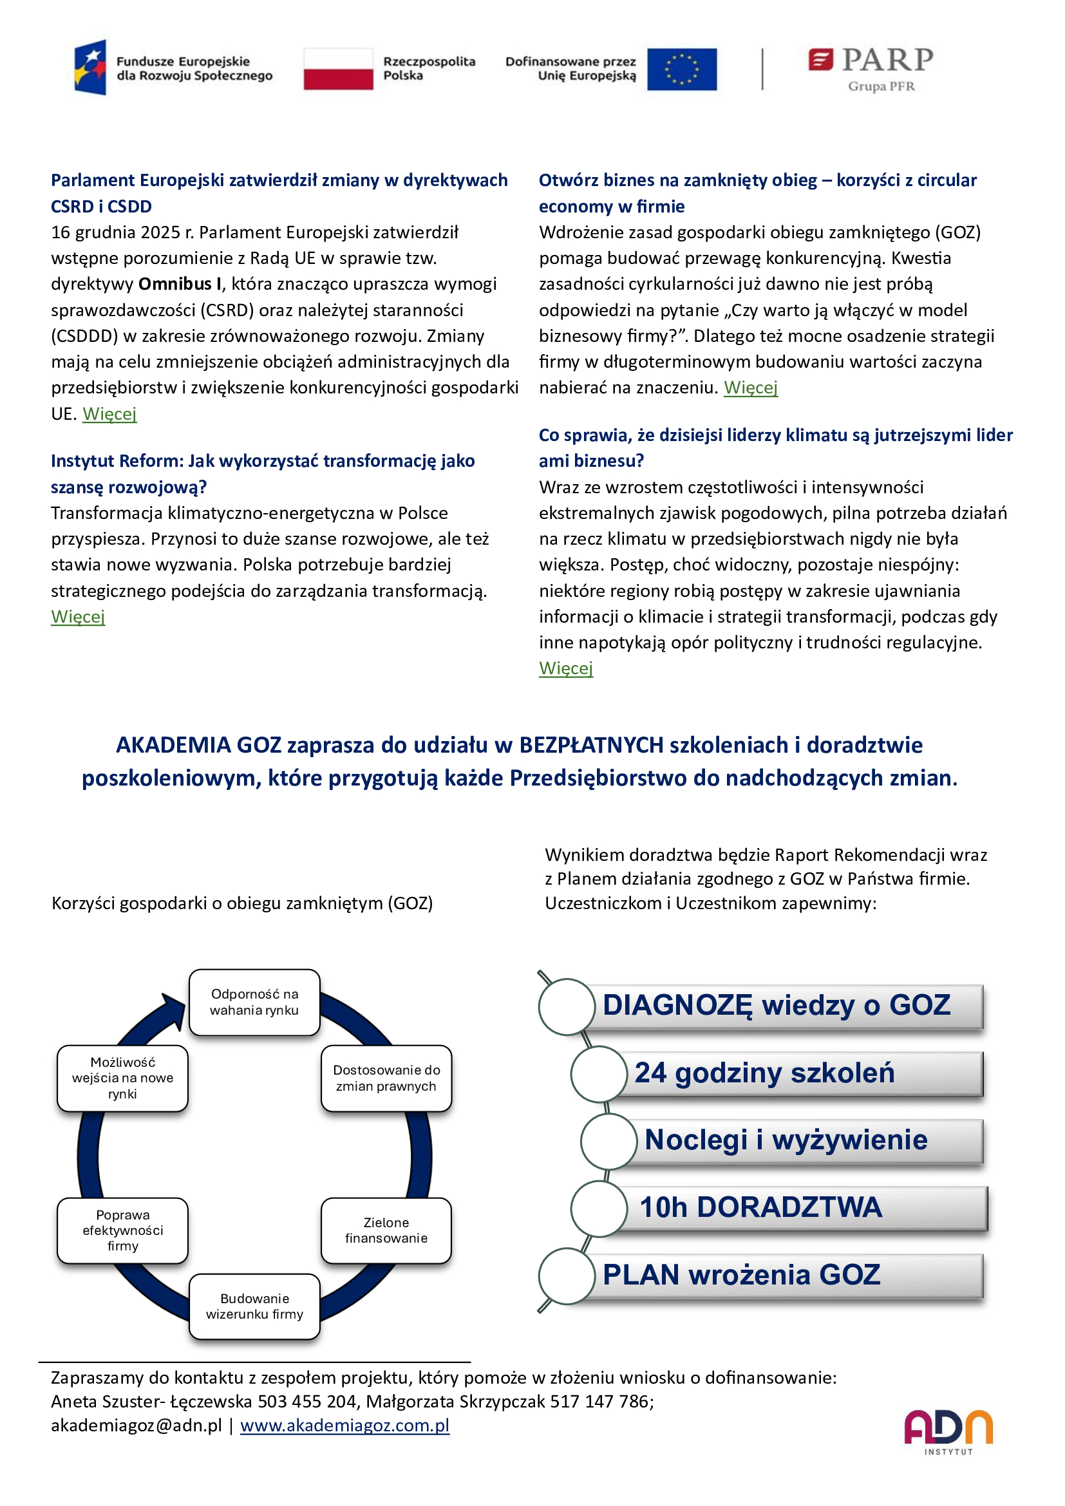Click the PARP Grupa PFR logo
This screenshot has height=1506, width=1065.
[x=871, y=68]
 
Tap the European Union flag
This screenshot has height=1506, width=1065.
[x=681, y=69]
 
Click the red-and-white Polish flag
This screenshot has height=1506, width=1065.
[x=338, y=68]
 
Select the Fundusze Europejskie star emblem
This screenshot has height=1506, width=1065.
[x=91, y=68]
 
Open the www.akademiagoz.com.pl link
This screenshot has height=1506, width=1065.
[x=344, y=1426]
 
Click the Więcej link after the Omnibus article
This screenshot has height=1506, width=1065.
[x=109, y=414]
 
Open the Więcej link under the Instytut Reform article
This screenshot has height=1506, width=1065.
[x=78, y=617]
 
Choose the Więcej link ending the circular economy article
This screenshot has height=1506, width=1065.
[x=750, y=388]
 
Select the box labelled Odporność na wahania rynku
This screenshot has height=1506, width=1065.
[x=254, y=1002]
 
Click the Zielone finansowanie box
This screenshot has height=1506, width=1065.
[x=386, y=1230]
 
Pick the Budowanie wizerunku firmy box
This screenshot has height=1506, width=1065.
[x=254, y=1306]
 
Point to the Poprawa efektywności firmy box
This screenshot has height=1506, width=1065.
[x=122, y=1230]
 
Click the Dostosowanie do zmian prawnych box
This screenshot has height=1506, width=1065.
[x=386, y=1078]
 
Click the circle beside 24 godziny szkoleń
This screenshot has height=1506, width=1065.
[x=599, y=1075]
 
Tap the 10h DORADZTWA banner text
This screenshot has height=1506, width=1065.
[x=760, y=1207]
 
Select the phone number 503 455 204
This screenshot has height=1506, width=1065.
[x=307, y=1402]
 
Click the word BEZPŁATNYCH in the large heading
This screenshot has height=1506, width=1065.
[x=591, y=745]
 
